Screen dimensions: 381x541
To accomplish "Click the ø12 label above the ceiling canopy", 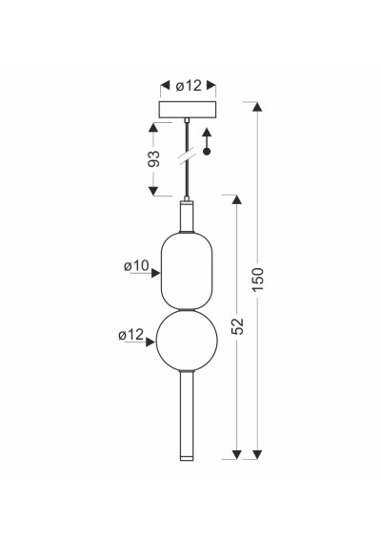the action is pyautogui.click(x=189, y=86).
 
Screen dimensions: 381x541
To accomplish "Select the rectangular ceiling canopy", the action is pyautogui.click(x=188, y=110).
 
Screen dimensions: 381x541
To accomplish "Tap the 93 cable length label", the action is pyautogui.click(x=154, y=158).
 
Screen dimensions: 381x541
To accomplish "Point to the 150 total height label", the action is pyautogui.click(x=258, y=279).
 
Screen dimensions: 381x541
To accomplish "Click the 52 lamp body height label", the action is pyautogui.click(x=238, y=326).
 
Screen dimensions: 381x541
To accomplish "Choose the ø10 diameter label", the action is pyautogui.click(x=136, y=266).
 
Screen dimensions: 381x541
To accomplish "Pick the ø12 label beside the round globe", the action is pyautogui.click(x=130, y=335).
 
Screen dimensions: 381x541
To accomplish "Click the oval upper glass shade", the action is pyautogui.click(x=187, y=271).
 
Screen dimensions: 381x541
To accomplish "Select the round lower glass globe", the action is pyautogui.click(x=187, y=340).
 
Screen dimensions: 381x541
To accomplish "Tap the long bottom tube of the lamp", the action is pyautogui.click(x=187, y=415).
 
